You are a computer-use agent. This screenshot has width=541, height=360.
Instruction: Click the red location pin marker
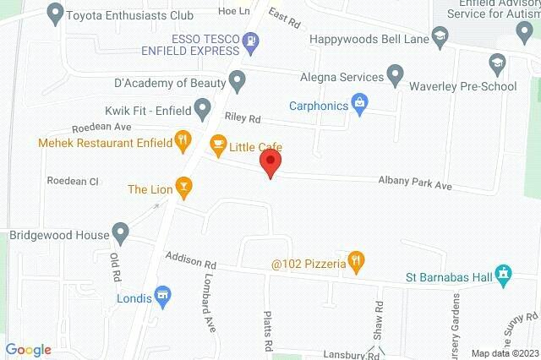coord(270,163)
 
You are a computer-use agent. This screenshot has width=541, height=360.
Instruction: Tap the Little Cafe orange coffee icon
coord(218,145)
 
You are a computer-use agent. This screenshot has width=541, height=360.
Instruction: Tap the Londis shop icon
coord(165,297)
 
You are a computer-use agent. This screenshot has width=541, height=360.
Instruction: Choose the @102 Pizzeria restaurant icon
coord(356,263)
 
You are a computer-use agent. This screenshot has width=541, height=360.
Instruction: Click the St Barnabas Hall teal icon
coord(504,274)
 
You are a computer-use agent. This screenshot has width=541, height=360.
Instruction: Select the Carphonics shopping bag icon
coord(360,104)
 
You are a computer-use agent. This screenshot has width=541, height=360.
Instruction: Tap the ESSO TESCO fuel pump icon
coord(249,41)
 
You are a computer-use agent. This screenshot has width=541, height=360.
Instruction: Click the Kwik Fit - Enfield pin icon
coord(202,107)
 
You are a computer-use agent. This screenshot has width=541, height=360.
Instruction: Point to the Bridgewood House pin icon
coord(121,232)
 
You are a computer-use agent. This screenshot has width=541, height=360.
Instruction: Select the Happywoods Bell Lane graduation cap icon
coord(439,37)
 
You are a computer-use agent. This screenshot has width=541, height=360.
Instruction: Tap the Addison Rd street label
coord(191,258)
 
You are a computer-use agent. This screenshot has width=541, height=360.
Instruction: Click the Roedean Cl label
coord(73,181)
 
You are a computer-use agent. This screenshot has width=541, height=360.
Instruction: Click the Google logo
coord(28,349)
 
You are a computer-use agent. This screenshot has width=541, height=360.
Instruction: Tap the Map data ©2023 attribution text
coord(504,353)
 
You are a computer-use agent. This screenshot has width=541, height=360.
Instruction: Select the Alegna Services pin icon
coord(395,74)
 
